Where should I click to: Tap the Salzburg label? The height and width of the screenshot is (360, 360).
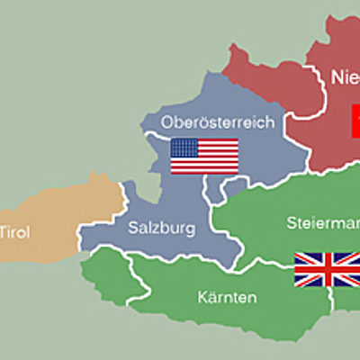pyautogui.click(x=161, y=228)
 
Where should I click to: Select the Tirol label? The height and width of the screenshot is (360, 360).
pyautogui.click(x=13, y=232)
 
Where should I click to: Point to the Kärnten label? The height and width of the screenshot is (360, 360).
pyautogui.click(x=227, y=296)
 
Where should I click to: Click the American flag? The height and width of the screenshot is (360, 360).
pyautogui.click(x=204, y=156)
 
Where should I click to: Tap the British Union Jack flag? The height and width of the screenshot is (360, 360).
pyautogui.click(x=327, y=269)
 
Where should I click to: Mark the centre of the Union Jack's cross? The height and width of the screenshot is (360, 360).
pyautogui.click(x=327, y=269)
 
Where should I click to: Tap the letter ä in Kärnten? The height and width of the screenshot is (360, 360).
pyautogui.click(x=211, y=296)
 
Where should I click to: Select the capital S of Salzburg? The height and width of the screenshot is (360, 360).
pyautogui.click(x=133, y=228)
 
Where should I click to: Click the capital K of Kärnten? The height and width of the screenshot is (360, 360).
pyautogui.click(x=202, y=296)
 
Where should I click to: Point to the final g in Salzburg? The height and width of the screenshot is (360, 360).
pyautogui.click(x=190, y=229)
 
